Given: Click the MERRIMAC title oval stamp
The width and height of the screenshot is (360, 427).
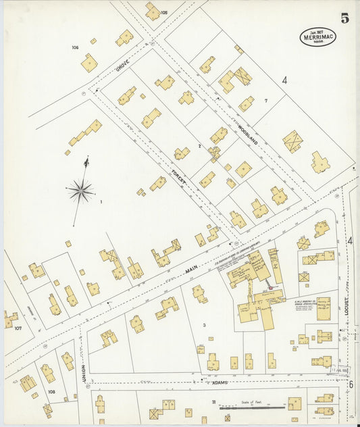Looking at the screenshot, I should click(x=317, y=36).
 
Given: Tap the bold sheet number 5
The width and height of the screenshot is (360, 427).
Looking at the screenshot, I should click(x=344, y=18).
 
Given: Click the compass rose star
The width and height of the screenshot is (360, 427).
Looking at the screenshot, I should click(x=80, y=191).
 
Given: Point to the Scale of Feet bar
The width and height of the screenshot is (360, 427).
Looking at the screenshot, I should click(x=254, y=407).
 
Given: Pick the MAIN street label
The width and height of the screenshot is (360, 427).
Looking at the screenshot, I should click(x=191, y=270).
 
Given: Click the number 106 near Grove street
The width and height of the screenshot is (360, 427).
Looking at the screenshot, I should click(x=75, y=47).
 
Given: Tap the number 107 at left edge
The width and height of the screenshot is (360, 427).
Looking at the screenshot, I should click(x=18, y=328).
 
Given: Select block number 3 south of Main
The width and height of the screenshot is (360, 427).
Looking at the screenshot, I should click(x=204, y=326).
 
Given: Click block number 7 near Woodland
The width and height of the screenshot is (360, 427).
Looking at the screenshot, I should click(x=266, y=101).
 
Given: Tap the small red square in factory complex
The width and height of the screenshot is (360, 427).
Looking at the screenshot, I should click(x=272, y=288).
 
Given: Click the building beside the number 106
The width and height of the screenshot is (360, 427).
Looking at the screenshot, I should click(x=89, y=63).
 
